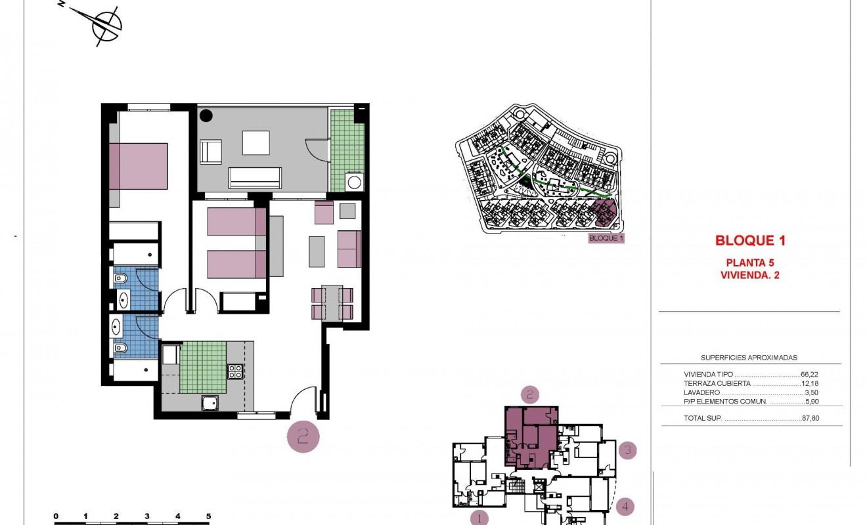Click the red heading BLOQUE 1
[x=750, y=241]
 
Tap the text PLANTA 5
[x=750, y=262]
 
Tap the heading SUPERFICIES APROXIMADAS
[x=749, y=358]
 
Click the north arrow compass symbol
[x=106, y=26]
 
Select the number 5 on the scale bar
[x=208, y=516]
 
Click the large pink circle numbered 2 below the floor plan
[x=303, y=436]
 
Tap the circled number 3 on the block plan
[x=628, y=451]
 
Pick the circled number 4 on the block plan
[x=626, y=507]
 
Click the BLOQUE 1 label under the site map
[x=605, y=238]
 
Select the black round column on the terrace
[x=206, y=115]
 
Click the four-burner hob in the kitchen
[x=235, y=371]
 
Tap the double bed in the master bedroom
[x=139, y=166]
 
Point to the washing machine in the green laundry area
[x=355, y=181]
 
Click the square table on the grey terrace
[x=256, y=142]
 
